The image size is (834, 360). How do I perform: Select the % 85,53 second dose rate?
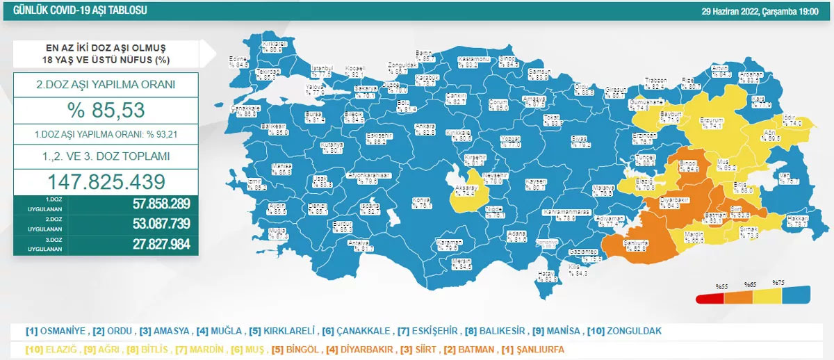[x=106, y=109]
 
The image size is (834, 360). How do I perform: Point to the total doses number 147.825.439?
[x=106, y=181]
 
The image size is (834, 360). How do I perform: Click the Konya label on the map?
[x=424, y=202]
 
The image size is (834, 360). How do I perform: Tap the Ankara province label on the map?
[x=425, y=129]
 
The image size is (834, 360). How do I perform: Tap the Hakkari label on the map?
[x=796, y=222]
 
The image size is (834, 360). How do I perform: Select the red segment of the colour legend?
[x=710, y=299]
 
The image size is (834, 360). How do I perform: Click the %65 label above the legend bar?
[x=750, y=286]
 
